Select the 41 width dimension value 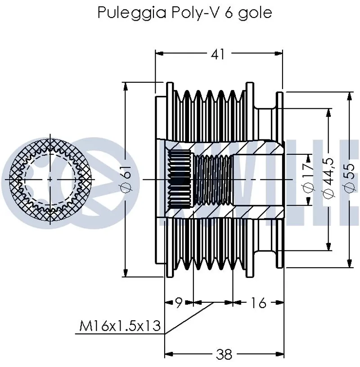point(218,54)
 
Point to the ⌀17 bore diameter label point(308,179)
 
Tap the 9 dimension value point(178,303)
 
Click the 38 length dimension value point(223,355)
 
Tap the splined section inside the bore point(180,179)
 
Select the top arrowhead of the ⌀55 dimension point(349,95)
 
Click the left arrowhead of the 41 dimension point(158,54)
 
